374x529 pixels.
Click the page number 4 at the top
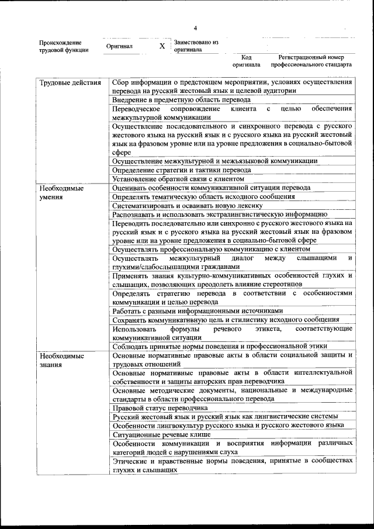(x=195, y=27)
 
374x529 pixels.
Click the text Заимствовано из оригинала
(x=196, y=46)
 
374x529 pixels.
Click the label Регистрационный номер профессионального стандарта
(x=315, y=61)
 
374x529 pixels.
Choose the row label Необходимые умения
(x=61, y=192)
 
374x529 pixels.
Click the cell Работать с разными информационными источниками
(x=198, y=311)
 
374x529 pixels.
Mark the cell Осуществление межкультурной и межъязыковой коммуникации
(x=214, y=161)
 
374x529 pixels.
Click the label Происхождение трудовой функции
(x=64, y=46)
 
